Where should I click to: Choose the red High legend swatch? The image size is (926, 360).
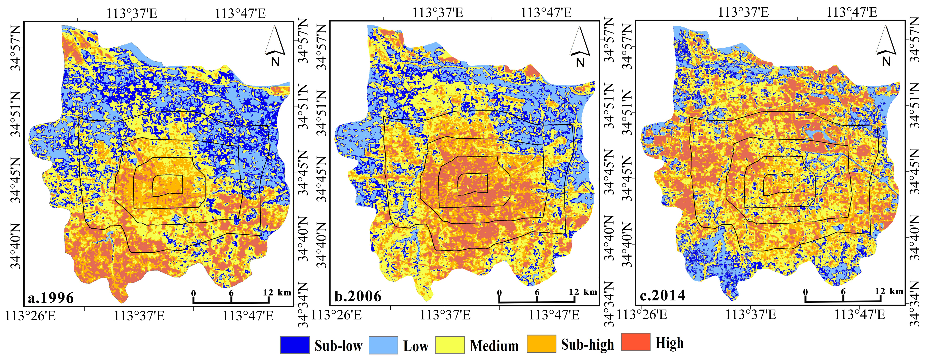636,342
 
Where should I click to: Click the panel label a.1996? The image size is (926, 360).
51,298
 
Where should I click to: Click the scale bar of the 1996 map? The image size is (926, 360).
231,301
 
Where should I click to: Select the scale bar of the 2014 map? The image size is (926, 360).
843,299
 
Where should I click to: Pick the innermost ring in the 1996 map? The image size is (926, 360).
168,185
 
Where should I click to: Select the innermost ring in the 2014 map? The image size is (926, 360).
778,185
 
